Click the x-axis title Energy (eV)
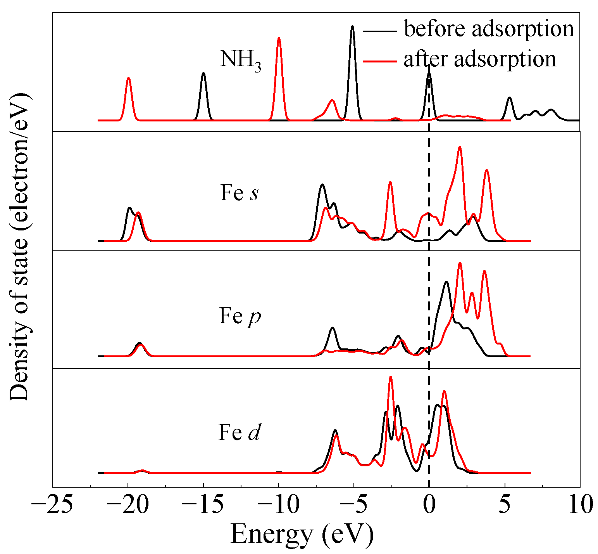pos(302,535)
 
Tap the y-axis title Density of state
pos(19,248)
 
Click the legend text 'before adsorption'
pos(489,29)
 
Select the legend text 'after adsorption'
pos(480,59)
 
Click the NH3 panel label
pos(240,60)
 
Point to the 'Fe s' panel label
pos(239,193)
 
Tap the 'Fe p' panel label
pos(240,316)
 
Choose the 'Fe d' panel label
pos(239,432)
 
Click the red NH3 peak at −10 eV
pos(279,39)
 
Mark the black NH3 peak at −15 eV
pos(203,74)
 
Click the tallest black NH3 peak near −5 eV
pos(352,27)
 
